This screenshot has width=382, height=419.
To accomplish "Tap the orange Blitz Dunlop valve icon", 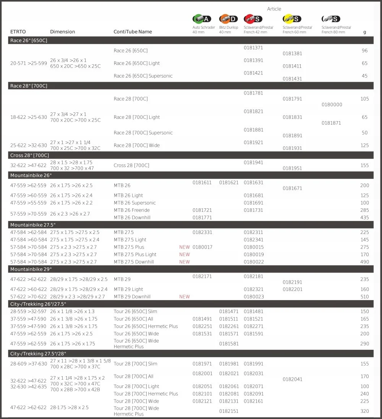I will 228,19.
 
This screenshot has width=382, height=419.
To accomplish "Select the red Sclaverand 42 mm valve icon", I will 253,19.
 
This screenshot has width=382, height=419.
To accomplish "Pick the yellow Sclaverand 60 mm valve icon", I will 292,19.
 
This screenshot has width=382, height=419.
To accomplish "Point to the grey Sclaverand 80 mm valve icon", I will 331,19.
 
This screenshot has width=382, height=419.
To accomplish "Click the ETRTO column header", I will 18,32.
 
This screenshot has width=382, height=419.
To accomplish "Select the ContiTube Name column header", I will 133,32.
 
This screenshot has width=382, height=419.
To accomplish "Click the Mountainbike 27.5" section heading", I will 31,225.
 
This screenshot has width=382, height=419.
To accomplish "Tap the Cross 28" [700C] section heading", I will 29,156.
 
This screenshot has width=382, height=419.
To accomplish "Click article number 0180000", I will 332,105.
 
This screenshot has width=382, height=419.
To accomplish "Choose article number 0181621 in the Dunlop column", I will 228,183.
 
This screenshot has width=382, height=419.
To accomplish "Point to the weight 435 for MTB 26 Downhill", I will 364,218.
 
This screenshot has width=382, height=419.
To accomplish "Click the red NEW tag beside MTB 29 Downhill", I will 185,297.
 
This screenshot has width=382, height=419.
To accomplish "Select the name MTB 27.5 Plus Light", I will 135,255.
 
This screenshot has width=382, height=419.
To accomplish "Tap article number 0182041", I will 292,379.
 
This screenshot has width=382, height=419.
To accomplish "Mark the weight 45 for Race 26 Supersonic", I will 364,76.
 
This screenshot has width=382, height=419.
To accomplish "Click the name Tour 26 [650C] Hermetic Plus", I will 146,326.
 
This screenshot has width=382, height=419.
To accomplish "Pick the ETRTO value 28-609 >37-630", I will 28,364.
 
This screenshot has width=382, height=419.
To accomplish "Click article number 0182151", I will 228,411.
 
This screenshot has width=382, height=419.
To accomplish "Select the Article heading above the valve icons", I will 274,9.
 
